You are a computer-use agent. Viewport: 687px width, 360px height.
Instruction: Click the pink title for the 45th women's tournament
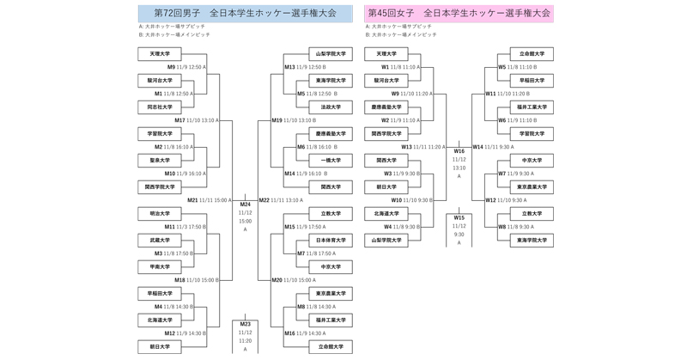[x=459, y=13]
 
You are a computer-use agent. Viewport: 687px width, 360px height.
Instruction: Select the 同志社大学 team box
[x=160, y=107]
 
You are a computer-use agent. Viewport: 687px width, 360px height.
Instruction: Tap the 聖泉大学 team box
[x=160, y=161]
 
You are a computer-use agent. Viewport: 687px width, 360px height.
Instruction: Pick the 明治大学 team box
[x=160, y=214]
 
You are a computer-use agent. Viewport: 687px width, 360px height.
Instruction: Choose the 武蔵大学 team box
[x=160, y=241]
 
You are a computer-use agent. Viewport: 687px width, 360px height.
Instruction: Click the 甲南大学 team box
[x=160, y=267]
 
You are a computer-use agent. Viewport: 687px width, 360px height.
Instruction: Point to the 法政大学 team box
[x=330, y=107]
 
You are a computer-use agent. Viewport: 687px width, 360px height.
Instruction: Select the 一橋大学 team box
[x=330, y=161]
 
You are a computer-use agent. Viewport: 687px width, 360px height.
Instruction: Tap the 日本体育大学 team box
[x=330, y=241]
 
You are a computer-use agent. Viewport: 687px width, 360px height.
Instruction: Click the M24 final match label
[x=245, y=204]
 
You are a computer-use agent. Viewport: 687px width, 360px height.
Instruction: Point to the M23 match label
[x=245, y=324]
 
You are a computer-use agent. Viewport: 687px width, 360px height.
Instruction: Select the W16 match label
[x=459, y=151]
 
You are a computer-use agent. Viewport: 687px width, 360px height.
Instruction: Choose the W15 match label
[x=459, y=217]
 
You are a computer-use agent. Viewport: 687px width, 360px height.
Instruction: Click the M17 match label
[x=179, y=120]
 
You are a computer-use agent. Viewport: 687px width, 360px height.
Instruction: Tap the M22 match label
[x=264, y=200]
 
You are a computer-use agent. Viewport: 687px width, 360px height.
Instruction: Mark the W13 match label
[x=407, y=147]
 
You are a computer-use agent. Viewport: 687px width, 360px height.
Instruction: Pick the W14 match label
[x=478, y=147]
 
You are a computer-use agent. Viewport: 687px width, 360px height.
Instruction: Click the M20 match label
[x=277, y=280]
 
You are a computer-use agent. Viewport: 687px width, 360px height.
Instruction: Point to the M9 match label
[x=171, y=67]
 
